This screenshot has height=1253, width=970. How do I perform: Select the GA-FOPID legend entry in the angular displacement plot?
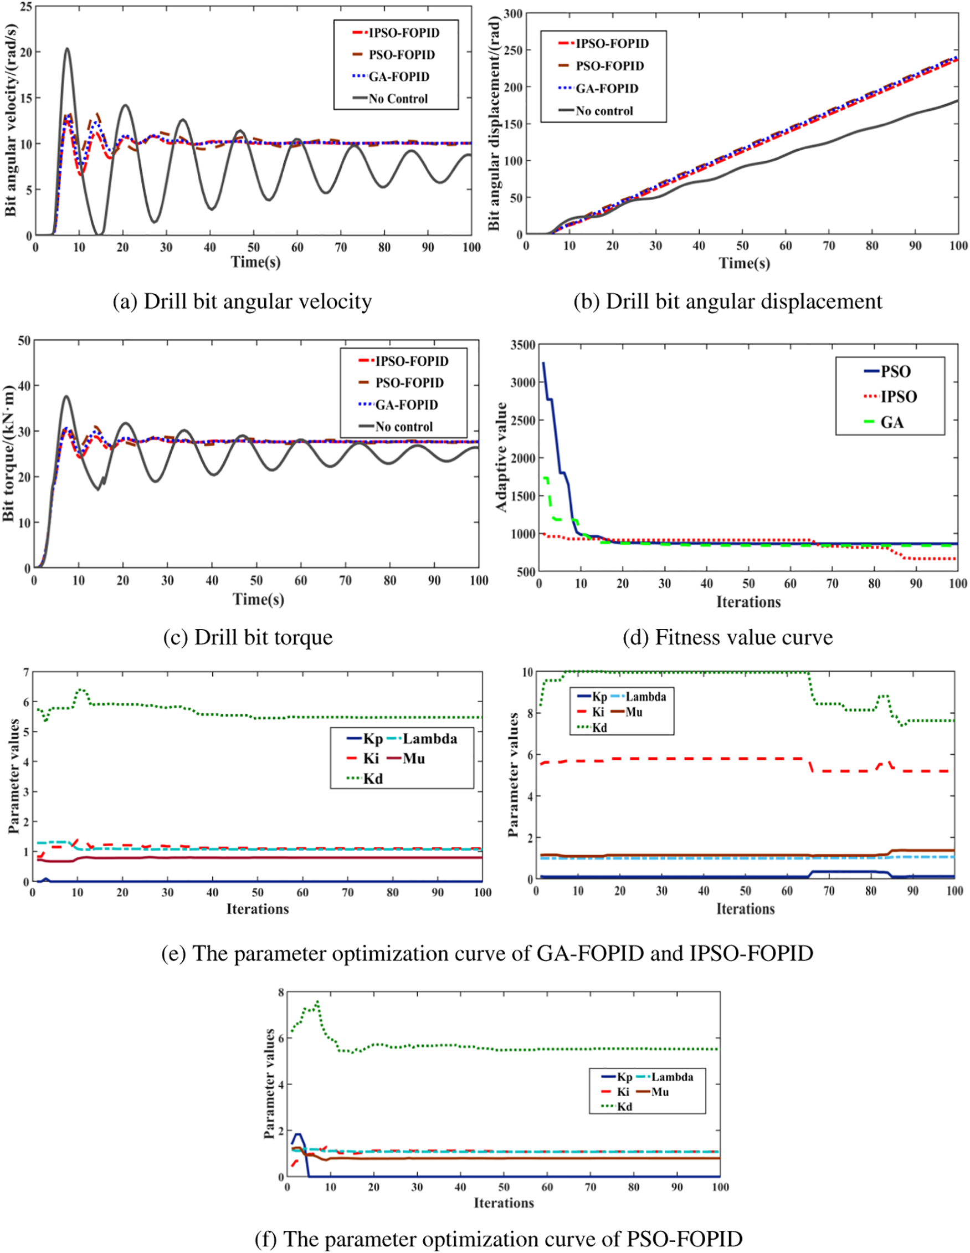coord(607,88)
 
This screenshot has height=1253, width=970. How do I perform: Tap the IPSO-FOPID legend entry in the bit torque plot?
coord(411,361)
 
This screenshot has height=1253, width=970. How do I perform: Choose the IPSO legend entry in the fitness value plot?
coord(899,396)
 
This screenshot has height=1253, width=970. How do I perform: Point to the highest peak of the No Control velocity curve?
coord(67,48)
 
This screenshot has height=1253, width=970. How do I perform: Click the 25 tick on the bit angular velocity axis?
coord(25,7)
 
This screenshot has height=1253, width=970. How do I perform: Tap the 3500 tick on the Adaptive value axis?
coord(522,345)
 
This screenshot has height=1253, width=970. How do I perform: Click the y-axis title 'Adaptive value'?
coord(501,457)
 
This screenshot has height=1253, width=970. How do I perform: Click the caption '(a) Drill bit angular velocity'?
coord(242,301)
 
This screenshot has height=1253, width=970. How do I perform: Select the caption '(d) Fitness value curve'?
coord(727,637)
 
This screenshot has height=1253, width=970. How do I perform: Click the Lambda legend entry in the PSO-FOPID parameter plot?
coord(672,1077)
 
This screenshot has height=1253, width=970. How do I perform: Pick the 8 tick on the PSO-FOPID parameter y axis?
coord(280,992)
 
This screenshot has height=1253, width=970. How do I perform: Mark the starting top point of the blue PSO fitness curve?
coord(543,362)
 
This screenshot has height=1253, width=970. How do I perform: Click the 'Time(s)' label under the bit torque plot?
coord(258,599)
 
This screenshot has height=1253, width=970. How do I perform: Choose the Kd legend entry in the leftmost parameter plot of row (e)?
coord(373,779)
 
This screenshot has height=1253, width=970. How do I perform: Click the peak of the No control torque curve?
coord(66,396)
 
